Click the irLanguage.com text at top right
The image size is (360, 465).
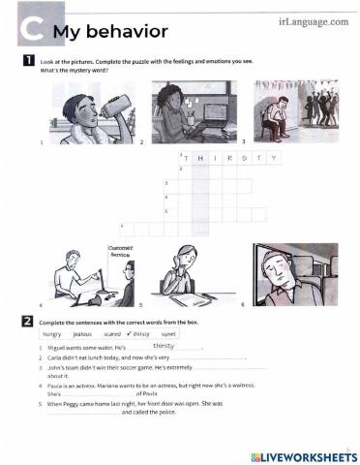(x=312, y=15)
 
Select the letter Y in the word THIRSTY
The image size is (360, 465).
(x=274, y=158)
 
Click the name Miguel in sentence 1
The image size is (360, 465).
(x=58, y=347)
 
